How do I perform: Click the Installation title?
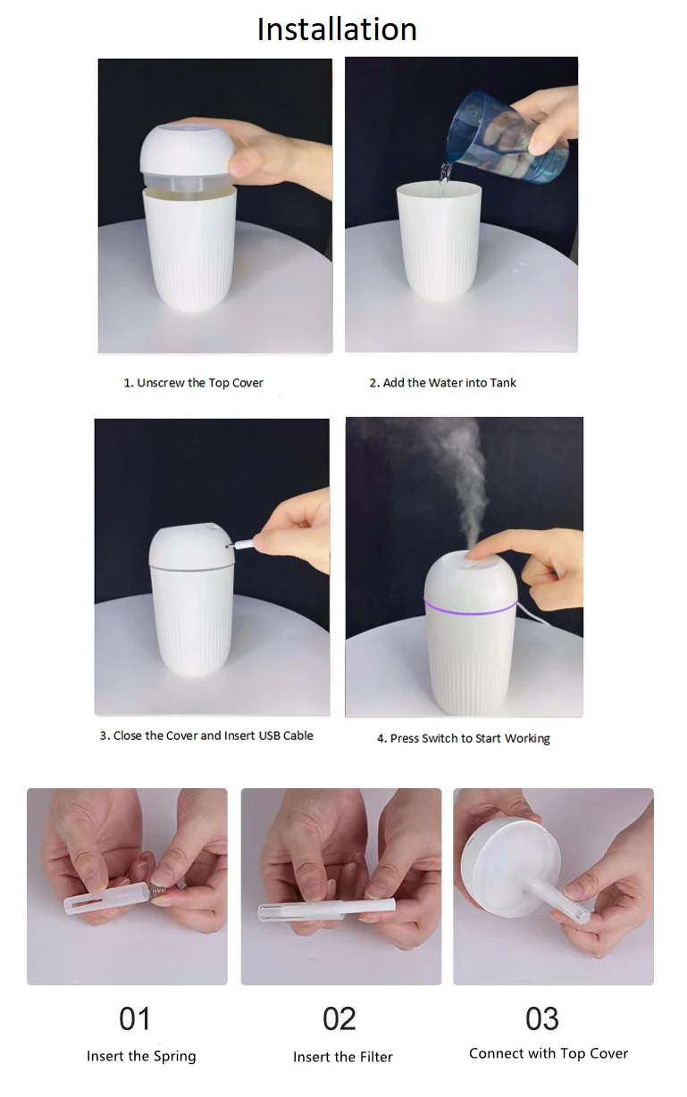[337, 29]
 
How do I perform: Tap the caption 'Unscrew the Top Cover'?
[193, 383]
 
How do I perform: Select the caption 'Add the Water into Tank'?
[442, 383]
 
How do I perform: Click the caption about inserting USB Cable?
[206, 736]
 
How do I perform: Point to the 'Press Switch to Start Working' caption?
[463, 738]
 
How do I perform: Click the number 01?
[135, 1018]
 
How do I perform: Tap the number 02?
[339, 1018]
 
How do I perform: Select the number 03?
[542, 1018]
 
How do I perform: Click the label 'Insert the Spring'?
[141, 1056]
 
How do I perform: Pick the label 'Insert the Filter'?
[343, 1057]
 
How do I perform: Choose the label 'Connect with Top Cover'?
[549, 1053]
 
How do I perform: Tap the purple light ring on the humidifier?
[470, 611]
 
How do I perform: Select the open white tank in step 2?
[439, 241]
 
